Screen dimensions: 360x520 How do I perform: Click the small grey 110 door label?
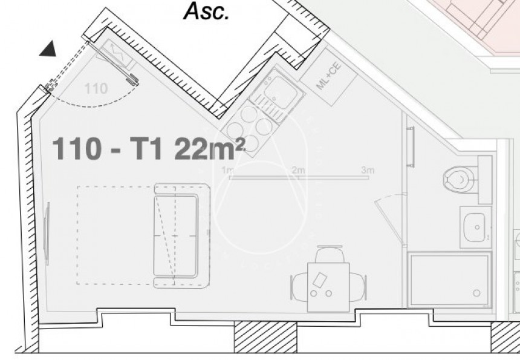(x=96, y=89)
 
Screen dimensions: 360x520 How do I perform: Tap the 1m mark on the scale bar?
(x=228, y=170)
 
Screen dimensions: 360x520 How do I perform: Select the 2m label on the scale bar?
(x=298, y=170)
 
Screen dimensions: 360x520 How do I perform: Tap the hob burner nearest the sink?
(x=264, y=125)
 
